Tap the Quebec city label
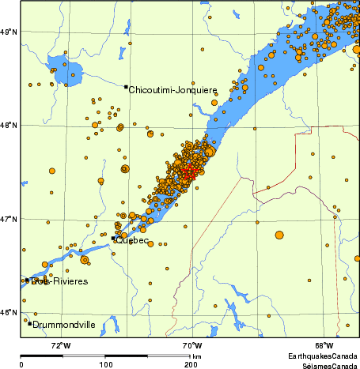(132, 241)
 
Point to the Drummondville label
(63, 324)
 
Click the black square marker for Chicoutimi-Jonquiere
(126, 87)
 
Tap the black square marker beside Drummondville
(29, 323)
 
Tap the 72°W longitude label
(60, 345)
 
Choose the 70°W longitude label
(191, 345)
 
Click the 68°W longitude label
(323, 345)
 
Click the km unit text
(196, 357)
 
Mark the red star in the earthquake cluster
(188, 173)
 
